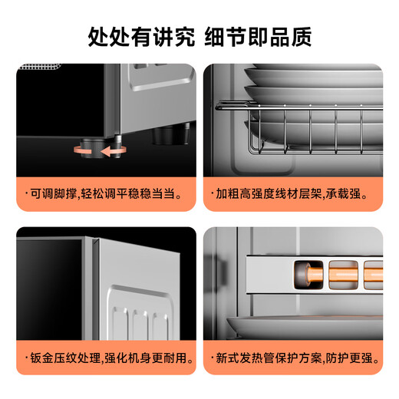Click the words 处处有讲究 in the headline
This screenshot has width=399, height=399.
point(139,36)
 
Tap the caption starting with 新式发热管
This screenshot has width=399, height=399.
point(296,358)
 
